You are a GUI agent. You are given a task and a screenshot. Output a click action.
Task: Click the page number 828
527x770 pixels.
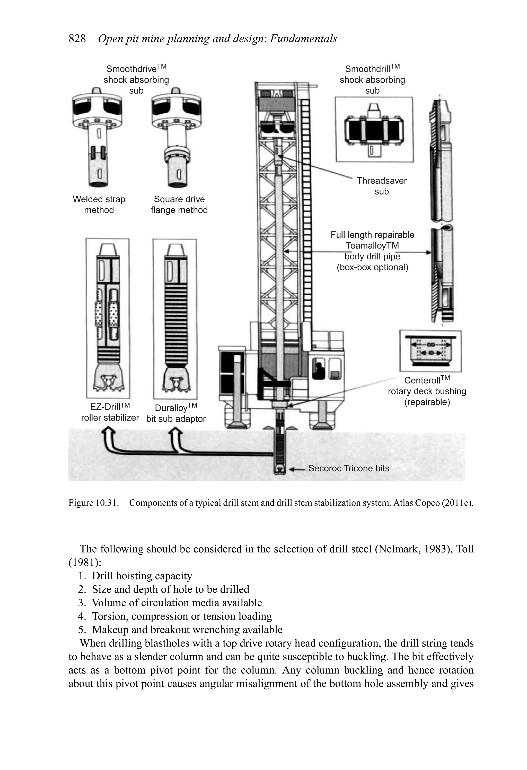pos(77,39)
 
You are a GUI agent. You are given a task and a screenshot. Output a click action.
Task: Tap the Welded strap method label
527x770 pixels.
pos(99,205)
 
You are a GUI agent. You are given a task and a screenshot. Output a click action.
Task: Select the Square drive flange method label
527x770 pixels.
pos(179,205)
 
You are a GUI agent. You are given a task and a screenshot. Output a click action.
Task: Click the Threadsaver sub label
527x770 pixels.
pos(382,186)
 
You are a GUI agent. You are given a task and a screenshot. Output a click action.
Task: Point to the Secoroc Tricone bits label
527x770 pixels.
pos(348,468)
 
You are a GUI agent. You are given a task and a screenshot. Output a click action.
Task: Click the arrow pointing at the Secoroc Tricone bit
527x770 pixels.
pos(296,469)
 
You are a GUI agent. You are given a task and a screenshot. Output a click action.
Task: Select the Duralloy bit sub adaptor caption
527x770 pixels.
pos(176,413)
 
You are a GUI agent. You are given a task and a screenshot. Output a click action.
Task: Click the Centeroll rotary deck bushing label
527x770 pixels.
pos(427,391)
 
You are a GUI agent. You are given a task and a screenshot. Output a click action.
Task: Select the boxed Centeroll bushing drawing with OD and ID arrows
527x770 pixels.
pos(430,351)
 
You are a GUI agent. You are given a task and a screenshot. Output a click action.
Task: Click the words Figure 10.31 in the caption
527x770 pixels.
pos(93,503)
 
